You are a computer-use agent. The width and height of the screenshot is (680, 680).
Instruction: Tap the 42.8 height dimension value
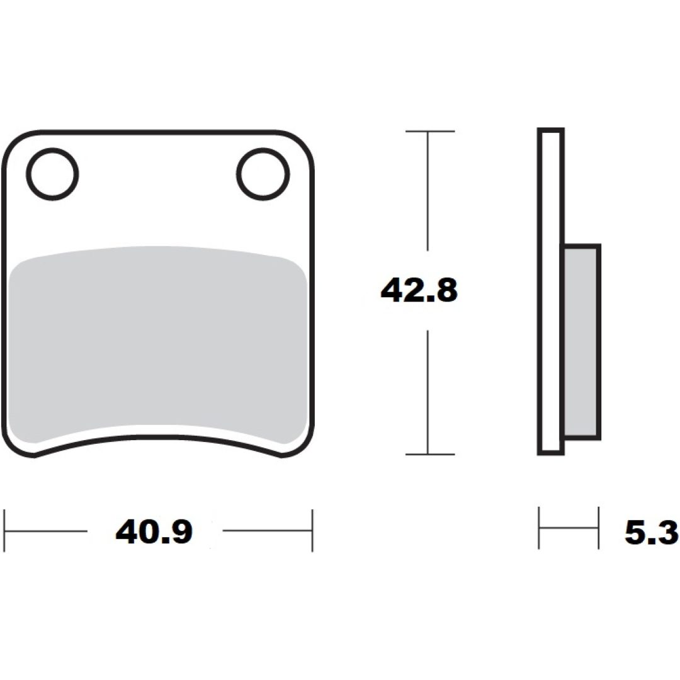pos(419,290)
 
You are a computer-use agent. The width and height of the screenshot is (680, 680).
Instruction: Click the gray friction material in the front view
pos(158,345)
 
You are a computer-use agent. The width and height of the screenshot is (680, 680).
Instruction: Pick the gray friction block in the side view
pos(582,342)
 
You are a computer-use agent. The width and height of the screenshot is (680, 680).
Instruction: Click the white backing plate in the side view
pos(551,292)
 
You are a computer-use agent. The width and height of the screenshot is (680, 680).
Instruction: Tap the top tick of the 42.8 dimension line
pos(430,131)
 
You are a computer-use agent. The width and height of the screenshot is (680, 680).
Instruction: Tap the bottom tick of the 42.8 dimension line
pos(430,454)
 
